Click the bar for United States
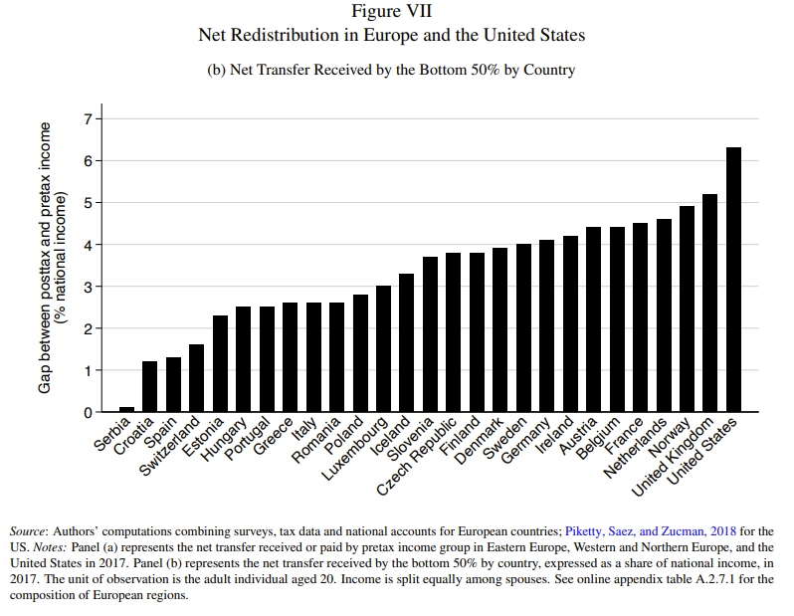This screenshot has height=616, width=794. point(733,280)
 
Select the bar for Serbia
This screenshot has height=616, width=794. point(126,409)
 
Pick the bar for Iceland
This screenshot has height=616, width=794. point(406,342)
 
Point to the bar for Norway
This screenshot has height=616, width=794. point(687,308)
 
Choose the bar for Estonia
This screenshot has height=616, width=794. point(220,363)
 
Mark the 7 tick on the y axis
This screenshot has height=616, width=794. point(88,119)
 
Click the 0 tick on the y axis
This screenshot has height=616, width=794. point(88,412)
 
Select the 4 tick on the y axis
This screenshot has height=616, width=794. point(88,245)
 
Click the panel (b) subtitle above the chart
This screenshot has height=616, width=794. point(392,70)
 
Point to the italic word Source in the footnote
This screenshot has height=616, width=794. point(29,531)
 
